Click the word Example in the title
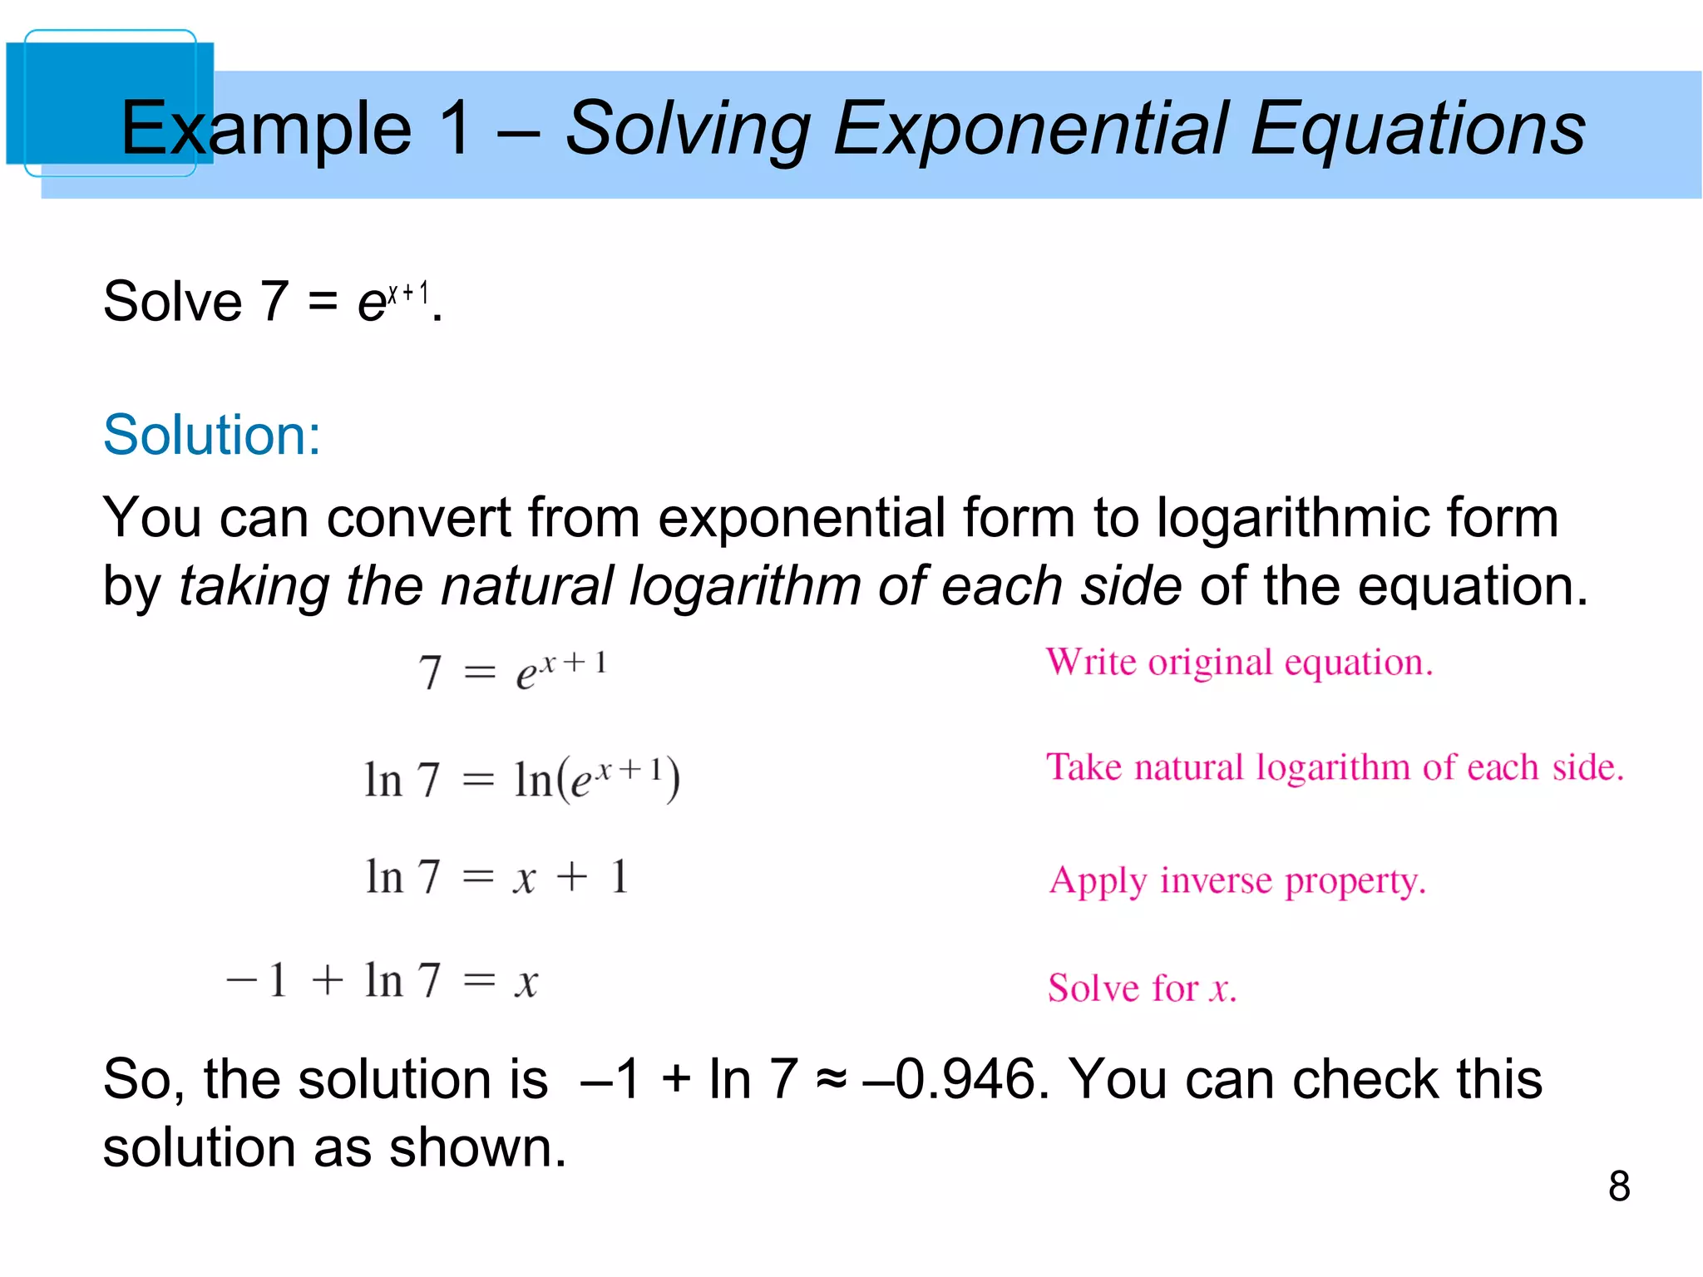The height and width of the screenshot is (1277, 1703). pyautogui.click(x=266, y=129)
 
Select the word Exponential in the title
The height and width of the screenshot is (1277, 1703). pyautogui.click(x=1030, y=129)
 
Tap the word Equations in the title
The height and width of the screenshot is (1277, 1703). pyautogui.click(x=1418, y=129)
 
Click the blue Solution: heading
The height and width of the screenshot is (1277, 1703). pyautogui.click(x=211, y=435)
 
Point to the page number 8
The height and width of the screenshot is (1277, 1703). pyautogui.click(x=1618, y=1186)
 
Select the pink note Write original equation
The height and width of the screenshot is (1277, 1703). pyautogui.click(x=1239, y=663)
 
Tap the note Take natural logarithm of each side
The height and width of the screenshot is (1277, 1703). pyautogui.click(x=1335, y=767)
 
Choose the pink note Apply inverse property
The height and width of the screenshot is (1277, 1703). pyautogui.click(x=1237, y=881)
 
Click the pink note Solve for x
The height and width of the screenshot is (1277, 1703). pyautogui.click(x=1142, y=989)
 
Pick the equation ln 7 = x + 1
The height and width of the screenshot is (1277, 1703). pyautogui.click(x=496, y=877)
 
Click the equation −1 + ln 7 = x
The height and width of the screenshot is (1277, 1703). pyautogui.click(x=383, y=981)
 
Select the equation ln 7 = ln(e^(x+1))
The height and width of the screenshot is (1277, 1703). pyautogui.click(x=521, y=780)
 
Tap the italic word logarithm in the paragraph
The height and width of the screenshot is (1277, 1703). pyautogui.click(x=745, y=585)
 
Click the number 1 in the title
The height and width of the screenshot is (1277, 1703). pyautogui.click(x=457, y=129)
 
